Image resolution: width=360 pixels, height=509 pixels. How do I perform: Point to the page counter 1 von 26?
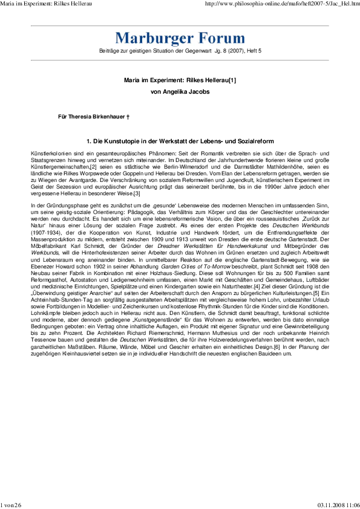tap(11, 505)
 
